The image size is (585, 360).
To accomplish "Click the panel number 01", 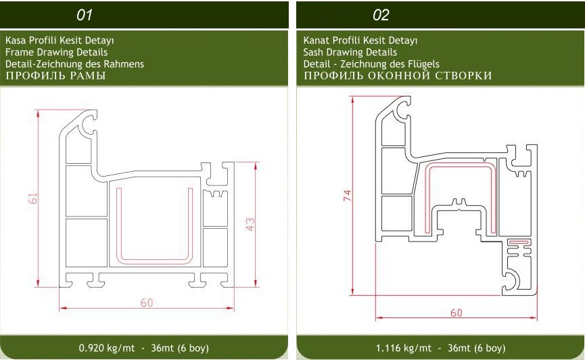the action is [x=85, y=15].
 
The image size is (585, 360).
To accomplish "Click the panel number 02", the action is [x=381, y=15].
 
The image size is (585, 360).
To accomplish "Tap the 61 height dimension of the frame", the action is [x=33, y=198].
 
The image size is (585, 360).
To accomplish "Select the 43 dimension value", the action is [x=250, y=224].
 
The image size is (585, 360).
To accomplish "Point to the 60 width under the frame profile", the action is [x=147, y=302].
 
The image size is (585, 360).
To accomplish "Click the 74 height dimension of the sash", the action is [x=348, y=196].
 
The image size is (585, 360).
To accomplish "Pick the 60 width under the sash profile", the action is [x=457, y=313].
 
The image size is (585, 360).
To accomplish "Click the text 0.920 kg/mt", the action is [x=107, y=348].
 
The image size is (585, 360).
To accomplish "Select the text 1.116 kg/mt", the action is [x=403, y=348].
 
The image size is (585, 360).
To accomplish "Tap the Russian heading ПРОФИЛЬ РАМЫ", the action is [x=55, y=76].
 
